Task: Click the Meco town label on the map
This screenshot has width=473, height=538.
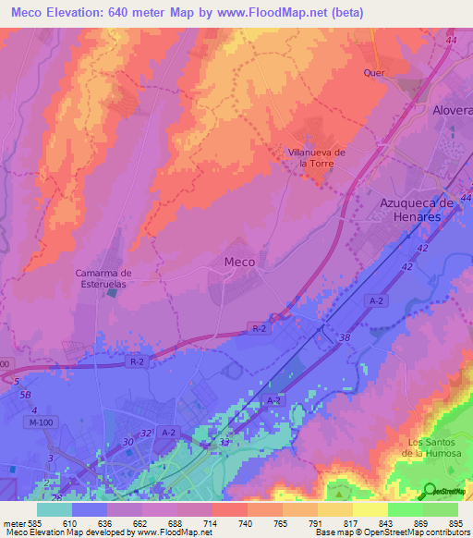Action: click(240, 262)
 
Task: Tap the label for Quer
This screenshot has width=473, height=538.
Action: click(374, 73)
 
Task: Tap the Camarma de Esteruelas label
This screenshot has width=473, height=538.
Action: click(103, 278)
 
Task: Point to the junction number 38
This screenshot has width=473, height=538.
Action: click(345, 339)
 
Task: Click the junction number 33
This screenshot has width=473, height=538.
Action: click(224, 443)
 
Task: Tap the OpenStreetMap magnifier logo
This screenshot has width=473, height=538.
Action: click(431, 491)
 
